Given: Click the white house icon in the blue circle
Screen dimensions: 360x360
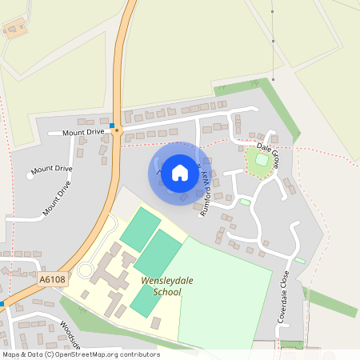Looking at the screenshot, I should [180, 172].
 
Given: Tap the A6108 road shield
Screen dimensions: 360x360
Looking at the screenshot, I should [51, 278].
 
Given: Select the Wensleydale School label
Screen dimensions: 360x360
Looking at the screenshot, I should [150, 286].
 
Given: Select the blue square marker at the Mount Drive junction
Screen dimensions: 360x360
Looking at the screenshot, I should [114, 126].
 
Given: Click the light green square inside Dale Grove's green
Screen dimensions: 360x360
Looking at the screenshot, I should [261, 161].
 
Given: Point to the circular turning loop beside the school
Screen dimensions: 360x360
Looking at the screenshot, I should [85, 270].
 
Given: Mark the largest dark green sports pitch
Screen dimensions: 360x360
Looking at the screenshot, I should [158, 252].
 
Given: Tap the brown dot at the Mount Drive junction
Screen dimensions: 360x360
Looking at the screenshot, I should [117, 132].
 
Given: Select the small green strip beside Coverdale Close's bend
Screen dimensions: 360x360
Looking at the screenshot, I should [299, 260].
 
